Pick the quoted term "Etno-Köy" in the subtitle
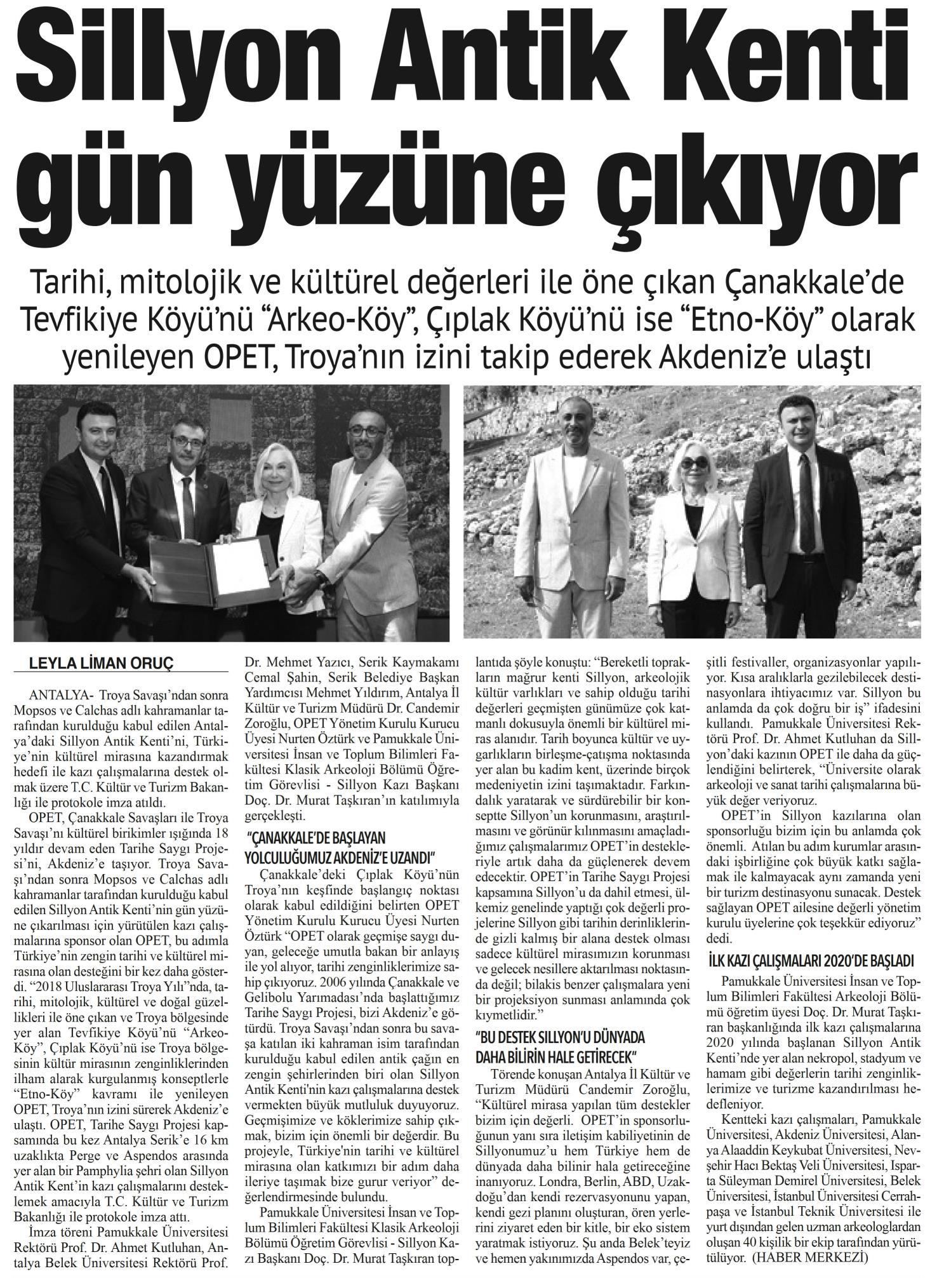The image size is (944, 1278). pyautogui.click(x=773, y=321)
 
